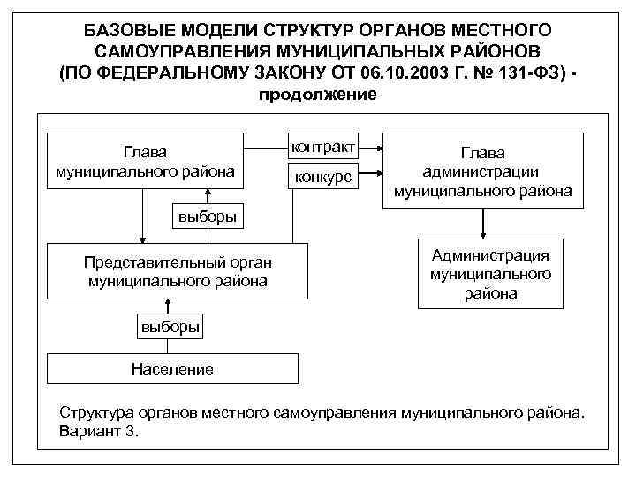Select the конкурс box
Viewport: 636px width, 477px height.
click(323, 177)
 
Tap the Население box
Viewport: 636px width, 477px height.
click(172, 368)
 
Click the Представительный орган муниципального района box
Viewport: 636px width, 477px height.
click(178, 272)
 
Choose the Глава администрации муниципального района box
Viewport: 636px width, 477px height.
click(482, 171)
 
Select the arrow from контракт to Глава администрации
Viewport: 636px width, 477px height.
click(369, 146)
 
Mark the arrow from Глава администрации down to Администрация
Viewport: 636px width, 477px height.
click(482, 225)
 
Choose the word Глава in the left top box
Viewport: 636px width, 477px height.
click(145, 152)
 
